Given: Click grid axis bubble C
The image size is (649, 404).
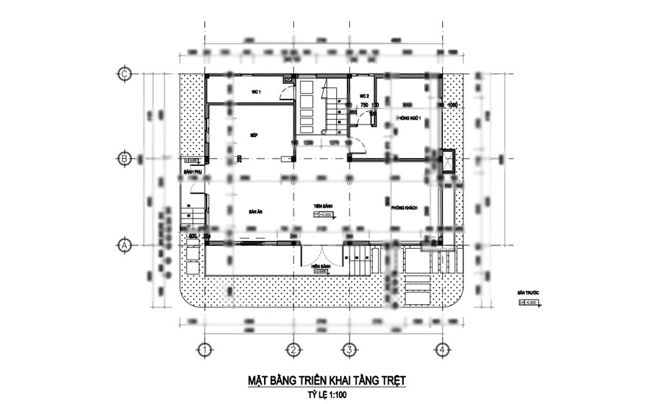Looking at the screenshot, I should click(x=124, y=74).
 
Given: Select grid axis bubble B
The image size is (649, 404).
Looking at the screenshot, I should click(x=124, y=158).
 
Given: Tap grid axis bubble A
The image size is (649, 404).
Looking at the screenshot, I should click(x=124, y=245).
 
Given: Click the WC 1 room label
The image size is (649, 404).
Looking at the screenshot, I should click(x=255, y=92).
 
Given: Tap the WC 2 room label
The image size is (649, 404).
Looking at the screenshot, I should click(x=364, y=96).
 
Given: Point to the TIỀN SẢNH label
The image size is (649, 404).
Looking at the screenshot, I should click(x=322, y=206).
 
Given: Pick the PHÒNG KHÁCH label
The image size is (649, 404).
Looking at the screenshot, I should click(x=405, y=207).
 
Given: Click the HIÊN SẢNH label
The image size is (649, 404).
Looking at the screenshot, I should click(x=321, y=265).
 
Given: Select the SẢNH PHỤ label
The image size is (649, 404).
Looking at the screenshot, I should click(x=192, y=174).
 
